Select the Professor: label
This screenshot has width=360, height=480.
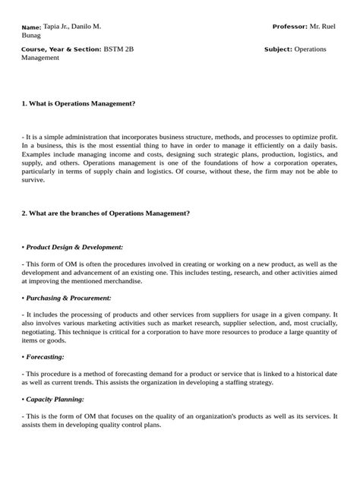(x=289, y=27)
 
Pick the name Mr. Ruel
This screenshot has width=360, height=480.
(x=324, y=27)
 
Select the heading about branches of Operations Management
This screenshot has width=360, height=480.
(x=105, y=213)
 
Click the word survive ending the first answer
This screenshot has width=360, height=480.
(x=33, y=181)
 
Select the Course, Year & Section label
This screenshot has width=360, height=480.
(x=61, y=49)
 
